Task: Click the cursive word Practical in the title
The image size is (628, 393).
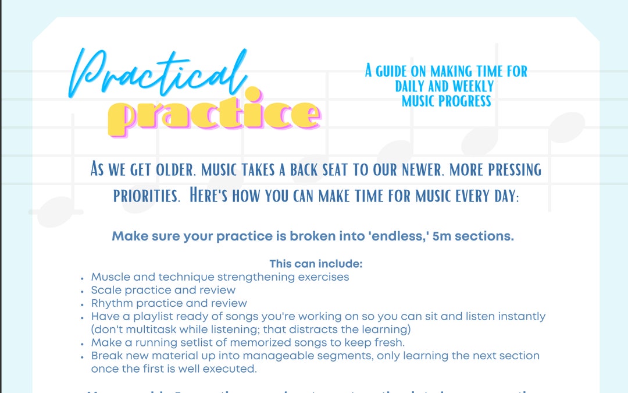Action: tap(157, 73)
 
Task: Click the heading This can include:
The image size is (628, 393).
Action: tap(316, 264)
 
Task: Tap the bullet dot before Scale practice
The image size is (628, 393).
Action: tap(83, 291)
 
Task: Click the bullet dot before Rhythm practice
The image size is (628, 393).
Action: tap(83, 304)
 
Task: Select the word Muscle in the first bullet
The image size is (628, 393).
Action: tap(109, 277)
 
